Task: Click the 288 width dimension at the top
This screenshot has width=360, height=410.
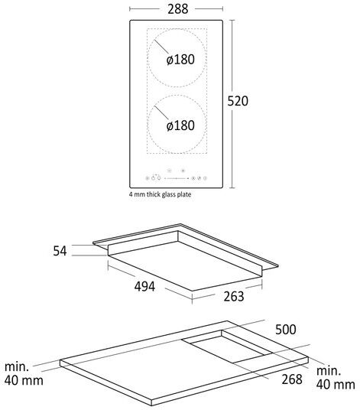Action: point(177,9)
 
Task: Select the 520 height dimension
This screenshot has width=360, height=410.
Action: point(238,101)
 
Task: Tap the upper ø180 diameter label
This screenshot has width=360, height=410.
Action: point(180,60)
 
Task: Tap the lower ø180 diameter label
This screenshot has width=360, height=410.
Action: point(180,125)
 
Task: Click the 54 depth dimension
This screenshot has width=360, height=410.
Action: point(60,251)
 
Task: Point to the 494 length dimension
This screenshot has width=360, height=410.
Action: point(144,286)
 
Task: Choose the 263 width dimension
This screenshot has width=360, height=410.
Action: point(234,296)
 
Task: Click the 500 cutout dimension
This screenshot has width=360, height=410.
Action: point(286,330)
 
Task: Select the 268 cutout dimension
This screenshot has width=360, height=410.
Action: point(292,379)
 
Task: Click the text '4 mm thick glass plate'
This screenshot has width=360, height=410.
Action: point(160,194)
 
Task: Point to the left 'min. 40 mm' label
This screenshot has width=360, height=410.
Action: point(24,373)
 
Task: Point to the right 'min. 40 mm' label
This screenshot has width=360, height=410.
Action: point(336,378)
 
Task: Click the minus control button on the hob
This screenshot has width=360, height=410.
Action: point(169,171)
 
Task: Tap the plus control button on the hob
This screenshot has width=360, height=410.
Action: point(183,171)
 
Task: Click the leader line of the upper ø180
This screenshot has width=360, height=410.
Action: point(161,47)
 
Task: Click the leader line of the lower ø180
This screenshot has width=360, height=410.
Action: point(161,113)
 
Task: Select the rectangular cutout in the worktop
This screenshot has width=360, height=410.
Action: point(227,347)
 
